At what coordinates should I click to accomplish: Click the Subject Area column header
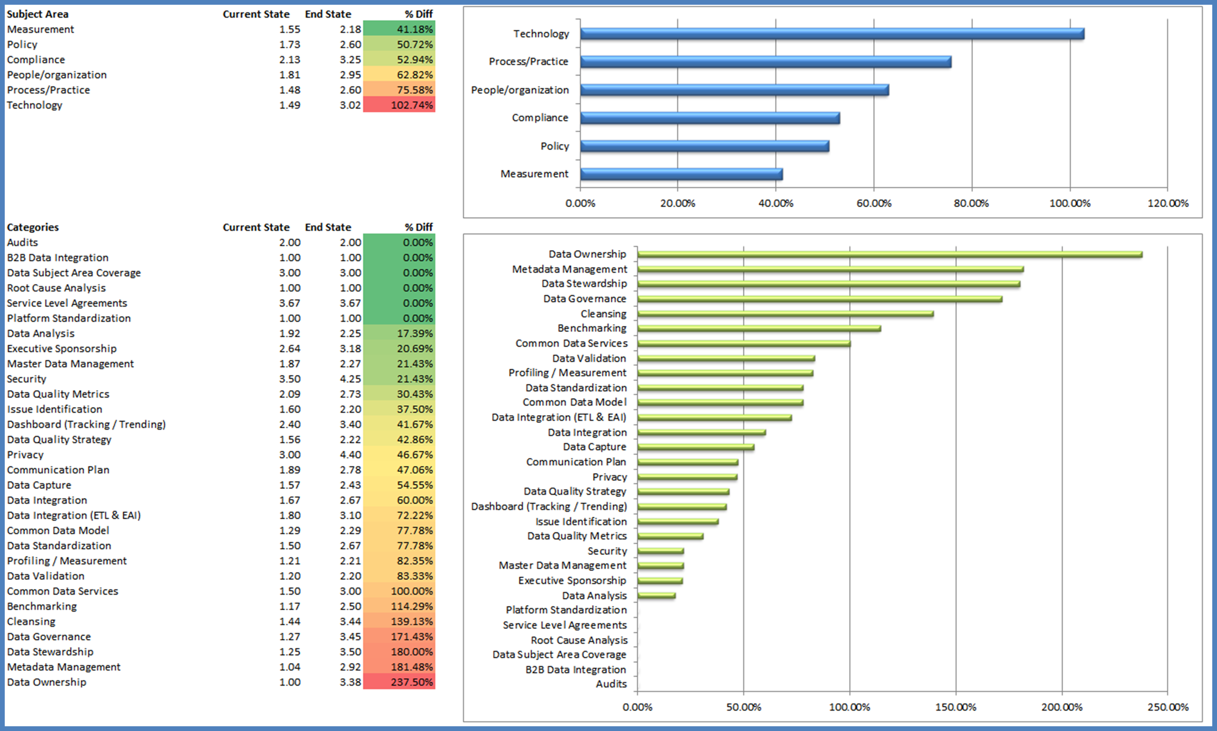click(x=38, y=14)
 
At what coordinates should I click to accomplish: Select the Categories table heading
click(x=33, y=227)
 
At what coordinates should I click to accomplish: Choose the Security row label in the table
click(x=27, y=379)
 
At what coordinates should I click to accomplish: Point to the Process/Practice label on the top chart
click(x=528, y=61)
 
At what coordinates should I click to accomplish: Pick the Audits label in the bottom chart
click(x=611, y=684)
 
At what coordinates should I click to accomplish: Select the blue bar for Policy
click(x=704, y=146)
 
